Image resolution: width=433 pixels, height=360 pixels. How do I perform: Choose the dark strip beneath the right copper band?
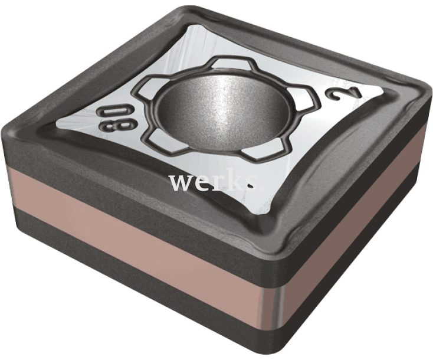[354, 289]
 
